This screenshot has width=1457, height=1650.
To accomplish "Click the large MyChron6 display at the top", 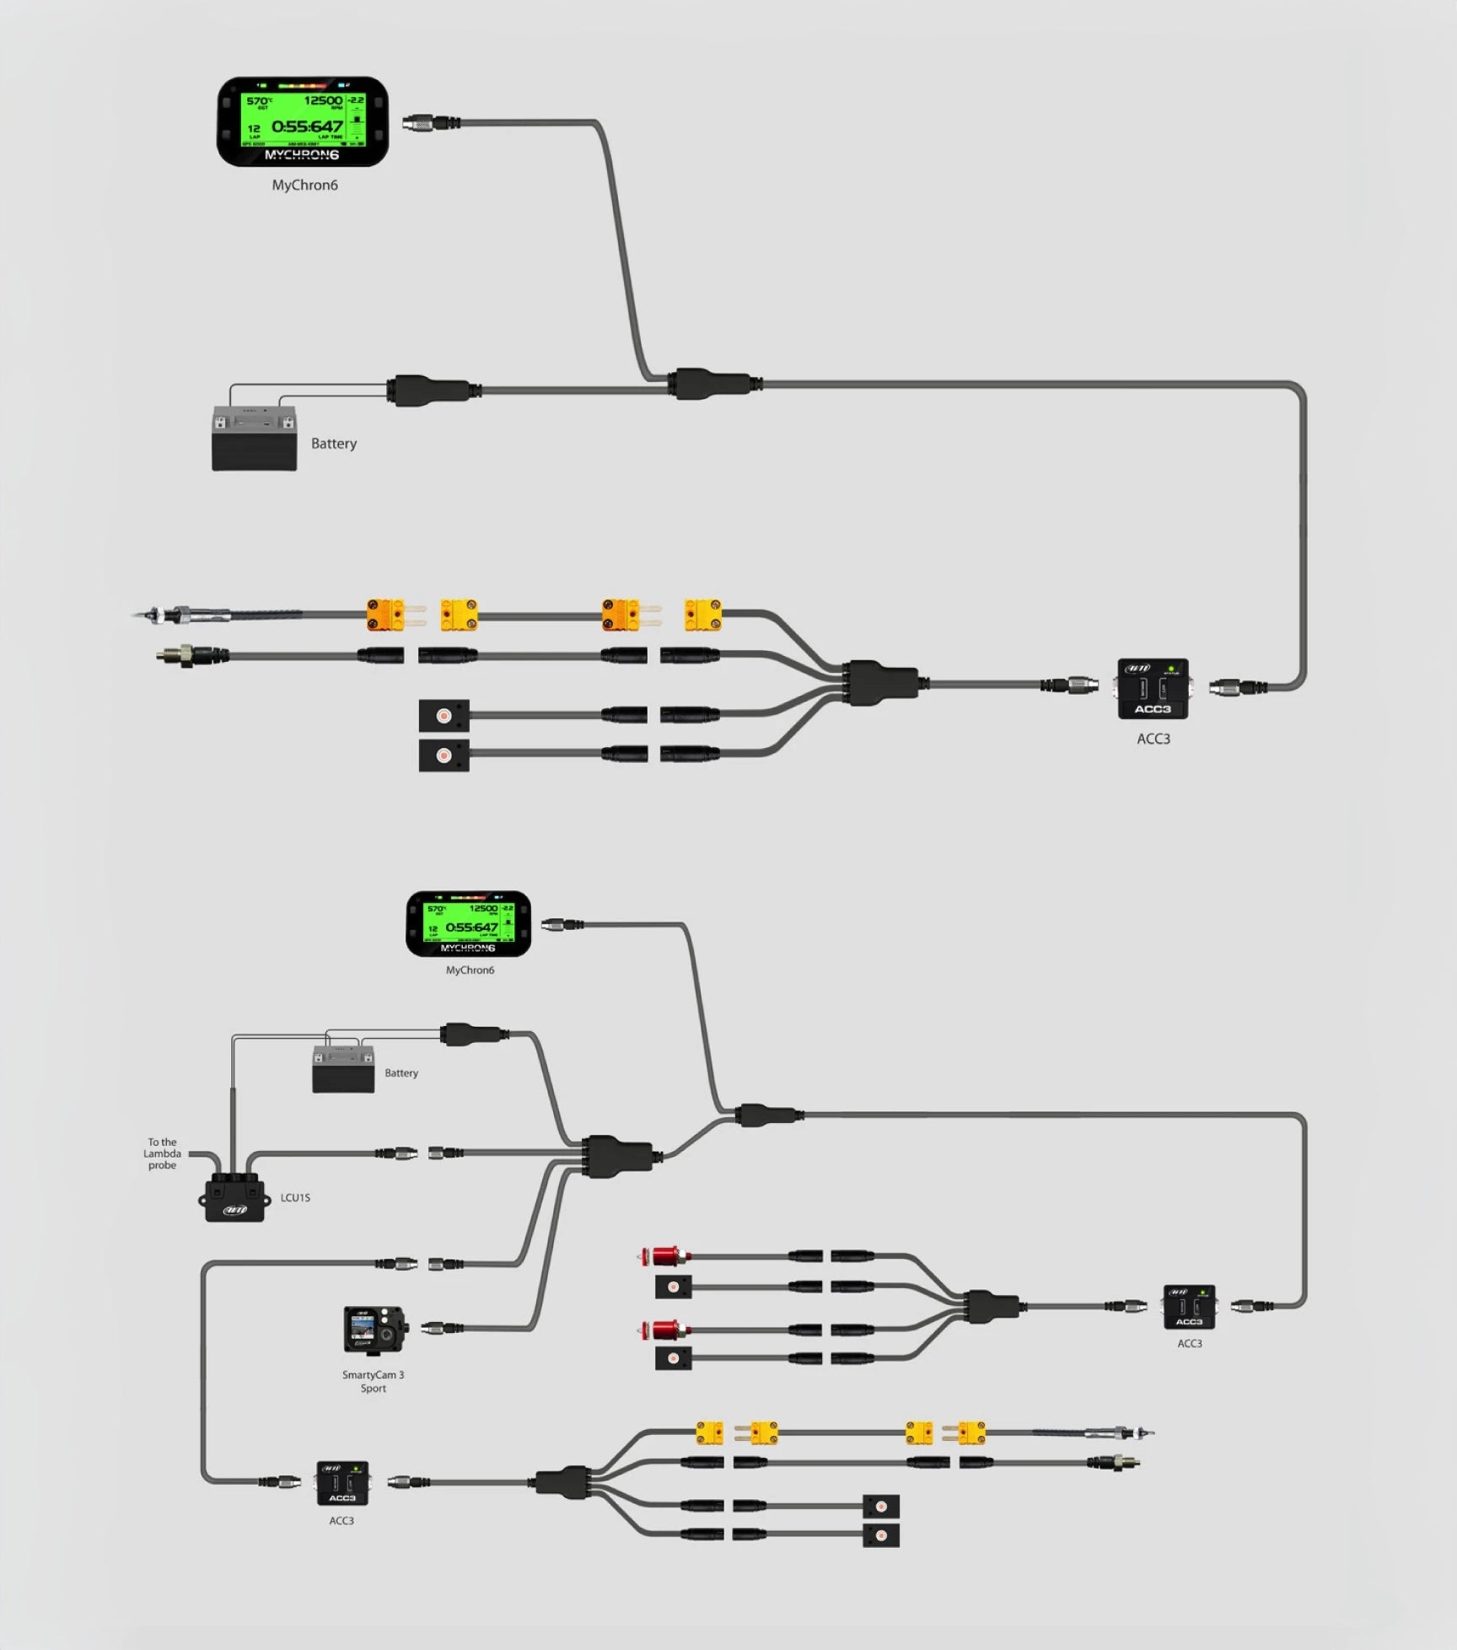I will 303,121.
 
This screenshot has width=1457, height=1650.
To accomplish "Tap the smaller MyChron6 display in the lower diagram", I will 469,923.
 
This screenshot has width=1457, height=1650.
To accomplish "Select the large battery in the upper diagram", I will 254,438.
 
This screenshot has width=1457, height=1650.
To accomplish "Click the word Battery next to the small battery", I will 401,1072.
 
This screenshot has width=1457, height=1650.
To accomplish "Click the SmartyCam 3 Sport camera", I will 374,1330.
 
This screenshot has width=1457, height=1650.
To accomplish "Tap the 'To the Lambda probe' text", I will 162,1153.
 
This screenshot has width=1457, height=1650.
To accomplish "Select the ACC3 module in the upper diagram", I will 1153,689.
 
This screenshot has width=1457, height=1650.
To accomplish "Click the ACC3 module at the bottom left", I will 342,1483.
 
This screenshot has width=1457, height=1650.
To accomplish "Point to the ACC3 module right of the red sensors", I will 1189,1307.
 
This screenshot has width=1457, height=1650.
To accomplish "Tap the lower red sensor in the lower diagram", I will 664,1330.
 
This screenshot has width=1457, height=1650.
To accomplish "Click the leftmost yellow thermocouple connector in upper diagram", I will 386,615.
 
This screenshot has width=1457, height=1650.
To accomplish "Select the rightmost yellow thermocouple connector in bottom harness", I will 972,1432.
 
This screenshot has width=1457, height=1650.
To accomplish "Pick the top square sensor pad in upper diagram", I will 444,716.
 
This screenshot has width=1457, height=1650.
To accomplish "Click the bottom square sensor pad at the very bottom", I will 881,1535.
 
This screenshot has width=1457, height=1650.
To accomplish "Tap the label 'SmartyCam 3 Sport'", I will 374,1381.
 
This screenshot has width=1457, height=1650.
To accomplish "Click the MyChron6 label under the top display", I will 304,185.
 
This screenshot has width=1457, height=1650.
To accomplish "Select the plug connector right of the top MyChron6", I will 430,123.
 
